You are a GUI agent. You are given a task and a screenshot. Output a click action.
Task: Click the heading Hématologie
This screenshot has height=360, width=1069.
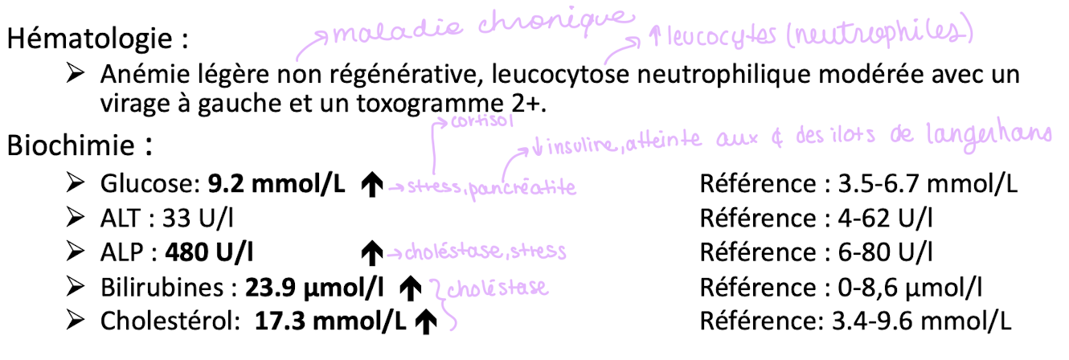93,39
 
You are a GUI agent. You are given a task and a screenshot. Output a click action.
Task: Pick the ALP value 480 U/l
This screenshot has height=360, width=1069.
209,252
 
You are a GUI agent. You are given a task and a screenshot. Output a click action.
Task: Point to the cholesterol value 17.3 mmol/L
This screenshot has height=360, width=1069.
330,321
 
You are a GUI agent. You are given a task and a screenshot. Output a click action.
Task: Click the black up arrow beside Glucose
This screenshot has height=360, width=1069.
371,185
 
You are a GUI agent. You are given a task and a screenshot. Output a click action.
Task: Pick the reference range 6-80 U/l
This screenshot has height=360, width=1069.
885,252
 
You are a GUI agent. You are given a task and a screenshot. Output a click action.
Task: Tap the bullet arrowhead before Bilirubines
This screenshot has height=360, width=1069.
77,286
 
